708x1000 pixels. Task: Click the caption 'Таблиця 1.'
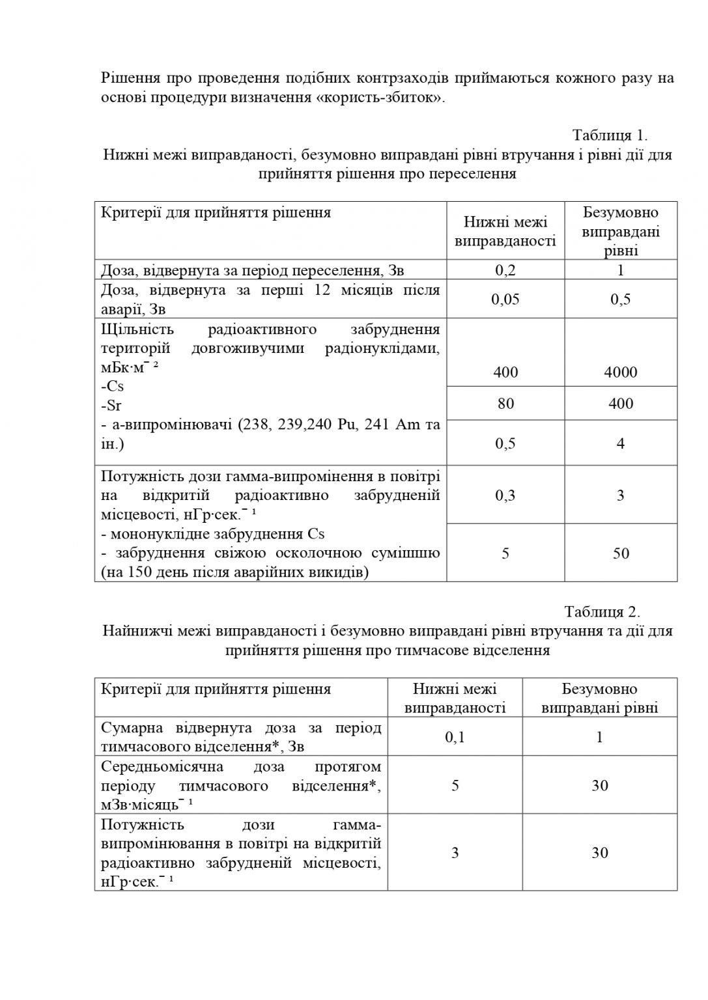pos(610,135)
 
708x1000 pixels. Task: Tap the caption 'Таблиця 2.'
pos(602,612)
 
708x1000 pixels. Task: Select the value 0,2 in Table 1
pos(505,270)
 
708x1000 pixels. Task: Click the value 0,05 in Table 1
pos(505,299)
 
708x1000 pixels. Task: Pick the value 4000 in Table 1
pos(621,372)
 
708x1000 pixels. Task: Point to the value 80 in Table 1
pos(505,404)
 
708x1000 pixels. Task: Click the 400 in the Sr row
pos(621,404)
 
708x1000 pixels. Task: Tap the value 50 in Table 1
pos(621,553)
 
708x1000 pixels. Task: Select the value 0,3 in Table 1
pos(505,495)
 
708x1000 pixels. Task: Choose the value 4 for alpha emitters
pos(621,443)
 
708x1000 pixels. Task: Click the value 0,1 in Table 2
pos(455,737)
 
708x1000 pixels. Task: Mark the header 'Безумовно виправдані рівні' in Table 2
pos(599,699)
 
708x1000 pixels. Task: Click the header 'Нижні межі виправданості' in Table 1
pos(505,232)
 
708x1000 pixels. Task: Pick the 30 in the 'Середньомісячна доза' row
pos(599,785)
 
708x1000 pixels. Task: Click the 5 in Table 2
pos(455,785)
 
